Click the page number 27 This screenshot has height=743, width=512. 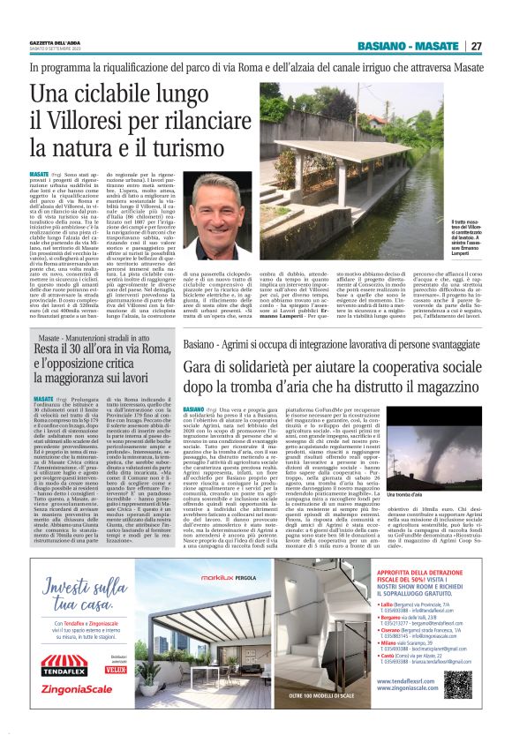(x=476, y=46)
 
